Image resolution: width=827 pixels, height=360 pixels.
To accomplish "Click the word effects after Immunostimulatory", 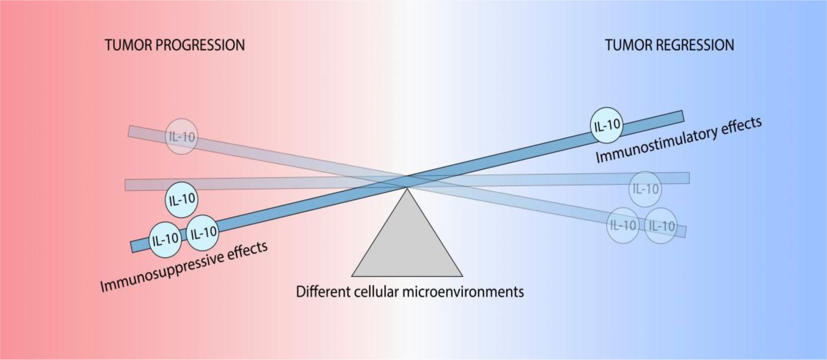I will click(x=741, y=127).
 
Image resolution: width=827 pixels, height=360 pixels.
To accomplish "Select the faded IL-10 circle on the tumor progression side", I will click(x=181, y=136).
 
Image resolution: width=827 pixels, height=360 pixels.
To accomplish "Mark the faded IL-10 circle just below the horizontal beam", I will click(x=645, y=189).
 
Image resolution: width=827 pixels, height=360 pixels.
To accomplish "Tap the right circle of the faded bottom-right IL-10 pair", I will click(x=661, y=225).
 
